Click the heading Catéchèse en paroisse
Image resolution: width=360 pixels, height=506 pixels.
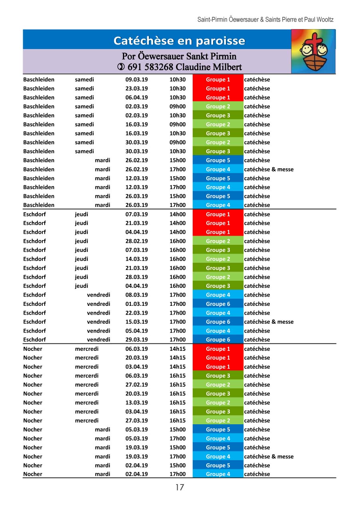[x=179, y=41]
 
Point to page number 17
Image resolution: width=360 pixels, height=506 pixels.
[x=180, y=487]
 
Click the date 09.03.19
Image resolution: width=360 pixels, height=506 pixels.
[x=136, y=79]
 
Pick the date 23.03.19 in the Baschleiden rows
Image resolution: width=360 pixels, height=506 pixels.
[x=136, y=89]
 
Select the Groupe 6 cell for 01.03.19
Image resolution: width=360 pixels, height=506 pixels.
[x=218, y=304]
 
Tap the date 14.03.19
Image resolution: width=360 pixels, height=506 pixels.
[x=136, y=259]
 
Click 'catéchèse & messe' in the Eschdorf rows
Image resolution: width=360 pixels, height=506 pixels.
[x=269, y=322]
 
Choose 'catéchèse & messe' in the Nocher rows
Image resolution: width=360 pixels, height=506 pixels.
[x=269, y=457]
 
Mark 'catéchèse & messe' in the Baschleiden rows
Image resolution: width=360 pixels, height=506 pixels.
[x=269, y=169]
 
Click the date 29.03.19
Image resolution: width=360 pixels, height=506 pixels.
[x=136, y=340]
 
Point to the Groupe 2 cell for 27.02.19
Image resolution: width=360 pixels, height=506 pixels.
[x=218, y=385]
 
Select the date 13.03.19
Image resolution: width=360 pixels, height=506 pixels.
[x=136, y=403]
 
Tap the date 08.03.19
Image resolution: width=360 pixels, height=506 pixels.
[x=136, y=295]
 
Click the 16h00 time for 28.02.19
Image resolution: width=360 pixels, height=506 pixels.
[x=178, y=241]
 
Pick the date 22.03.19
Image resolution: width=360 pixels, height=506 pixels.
[x=136, y=313]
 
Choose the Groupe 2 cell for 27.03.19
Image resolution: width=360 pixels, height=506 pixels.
[x=218, y=421]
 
